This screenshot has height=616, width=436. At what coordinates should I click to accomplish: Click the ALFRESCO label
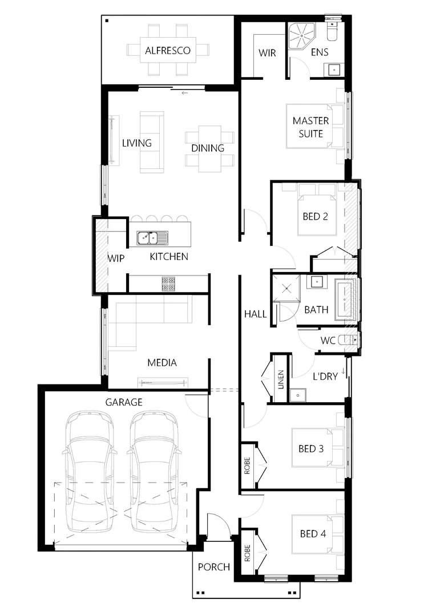pyautogui.click(x=168, y=51)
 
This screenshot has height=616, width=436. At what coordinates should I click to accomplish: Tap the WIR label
pyautogui.click(x=267, y=53)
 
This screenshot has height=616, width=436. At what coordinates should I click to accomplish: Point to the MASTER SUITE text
pyautogui.click(x=310, y=127)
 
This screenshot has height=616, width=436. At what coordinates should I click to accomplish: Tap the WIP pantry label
pyautogui.click(x=116, y=258)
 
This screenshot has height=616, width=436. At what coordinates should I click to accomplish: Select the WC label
pyautogui.click(x=328, y=341)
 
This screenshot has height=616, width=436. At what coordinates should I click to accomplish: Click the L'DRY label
pyautogui.click(x=326, y=377)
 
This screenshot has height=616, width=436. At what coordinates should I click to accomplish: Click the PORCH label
pyautogui.click(x=214, y=567)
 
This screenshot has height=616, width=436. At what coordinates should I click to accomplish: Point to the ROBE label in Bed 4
pyautogui.click(x=248, y=553)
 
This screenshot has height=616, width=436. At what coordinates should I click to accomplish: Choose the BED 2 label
pyautogui.click(x=316, y=217)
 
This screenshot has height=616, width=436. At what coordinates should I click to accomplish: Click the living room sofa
pyautogui.click(x=151, y=142)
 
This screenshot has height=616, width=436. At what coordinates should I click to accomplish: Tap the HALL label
pyautogui.click(x=255, y=314)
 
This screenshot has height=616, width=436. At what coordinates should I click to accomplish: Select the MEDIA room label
pyautogui.click(x=162, y=362)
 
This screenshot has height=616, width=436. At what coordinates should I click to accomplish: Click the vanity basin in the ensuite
pyautogui.click(x=333, y=70)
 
